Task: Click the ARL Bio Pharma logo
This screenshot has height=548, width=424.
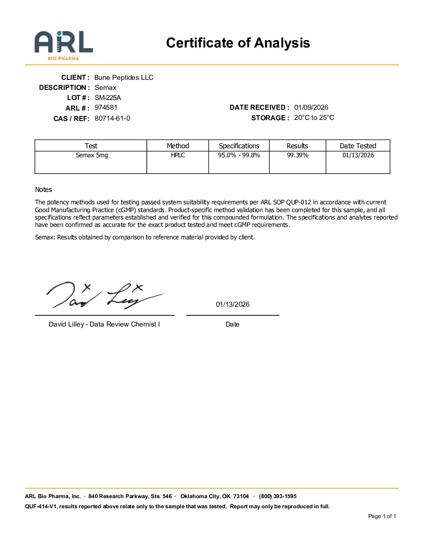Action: (x=64, y=45)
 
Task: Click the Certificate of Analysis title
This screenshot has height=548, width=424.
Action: (x=238, y=43)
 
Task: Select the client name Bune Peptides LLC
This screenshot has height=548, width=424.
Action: (x=124, y=77)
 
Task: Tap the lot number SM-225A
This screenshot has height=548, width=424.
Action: (x=108, y=98)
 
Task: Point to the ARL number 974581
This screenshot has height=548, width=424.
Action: (x=106, y=107)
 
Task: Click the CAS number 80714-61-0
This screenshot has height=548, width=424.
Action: (x=112, y=118)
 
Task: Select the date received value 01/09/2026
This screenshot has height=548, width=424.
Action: (x=311, y=107)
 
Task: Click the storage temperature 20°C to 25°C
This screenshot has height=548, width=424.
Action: (x=314, y=118)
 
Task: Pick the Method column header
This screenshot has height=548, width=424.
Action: (x=178, y=146)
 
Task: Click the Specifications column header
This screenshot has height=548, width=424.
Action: (x=239, y=146)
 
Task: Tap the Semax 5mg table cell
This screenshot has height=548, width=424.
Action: (x=92, y=155)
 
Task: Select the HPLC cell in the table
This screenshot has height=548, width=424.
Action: (x=178, y=155)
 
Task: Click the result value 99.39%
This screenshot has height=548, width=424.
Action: (x=297, y=155)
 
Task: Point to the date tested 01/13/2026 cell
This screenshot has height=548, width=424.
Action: (x=358, y=155)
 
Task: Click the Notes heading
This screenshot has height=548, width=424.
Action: (x=43, y=190)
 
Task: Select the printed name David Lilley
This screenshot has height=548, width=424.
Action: (x=66, y=324)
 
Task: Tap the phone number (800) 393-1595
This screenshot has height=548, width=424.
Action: (x=277, y=496)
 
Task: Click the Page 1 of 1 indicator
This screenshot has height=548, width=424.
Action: (x=382, y=516)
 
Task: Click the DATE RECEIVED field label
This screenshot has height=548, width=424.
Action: (x=259, y=107)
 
